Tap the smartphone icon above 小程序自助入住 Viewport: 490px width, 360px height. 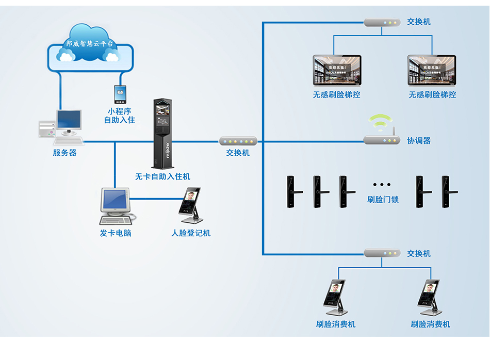[120, 94]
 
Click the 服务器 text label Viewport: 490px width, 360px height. [64, 153]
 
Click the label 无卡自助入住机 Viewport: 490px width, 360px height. [162, 176]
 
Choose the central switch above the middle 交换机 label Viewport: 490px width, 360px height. [238, 141]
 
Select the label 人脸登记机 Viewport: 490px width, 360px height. [191, 233]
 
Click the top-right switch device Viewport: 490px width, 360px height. [382, 23]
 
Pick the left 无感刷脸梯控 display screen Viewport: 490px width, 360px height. [337, 71]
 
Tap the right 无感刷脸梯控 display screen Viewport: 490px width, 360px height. [432, 71]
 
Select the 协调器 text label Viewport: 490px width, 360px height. [418, 140]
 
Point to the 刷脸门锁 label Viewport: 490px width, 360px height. [383, 200]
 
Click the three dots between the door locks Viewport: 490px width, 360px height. [382, 185]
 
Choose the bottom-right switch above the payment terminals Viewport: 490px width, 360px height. [382, 253]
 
